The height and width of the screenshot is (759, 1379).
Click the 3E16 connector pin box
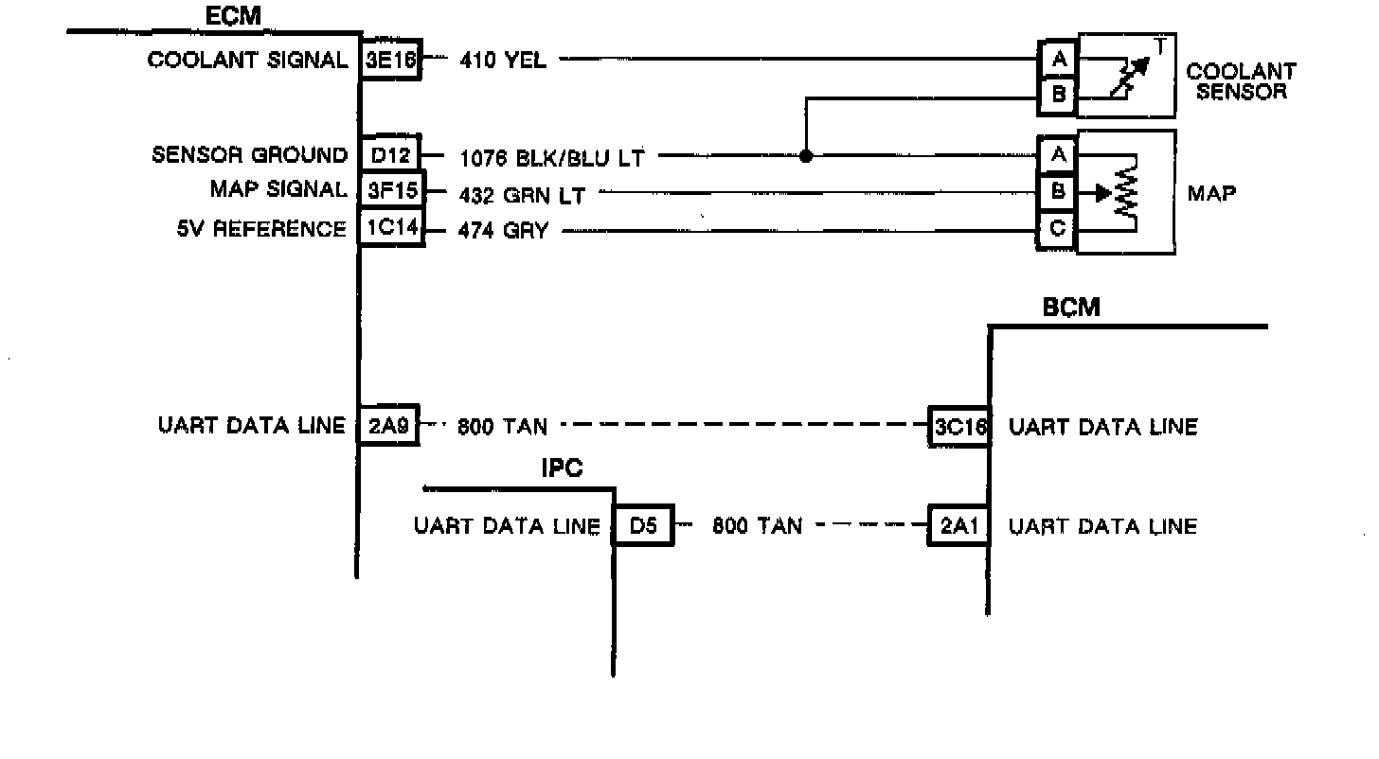pyautogui.click(x=390, y=60)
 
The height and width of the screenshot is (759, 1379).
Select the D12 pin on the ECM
pyautogui.click(x=390, y=155)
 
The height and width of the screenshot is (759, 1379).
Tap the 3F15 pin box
pyautogui.click(x=390, y=190)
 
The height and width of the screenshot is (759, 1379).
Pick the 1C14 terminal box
pyautogui.click(x=390, y=229)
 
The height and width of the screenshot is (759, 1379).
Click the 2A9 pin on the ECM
pyautogui.click(x=387, y=426)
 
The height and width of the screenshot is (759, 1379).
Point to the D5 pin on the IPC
pyautogui.click(x=643, y=526)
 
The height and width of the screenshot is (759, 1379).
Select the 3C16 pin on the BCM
pyautogui.click(x=959, y=427)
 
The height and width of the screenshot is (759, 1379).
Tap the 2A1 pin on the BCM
pyautogui.click(x=959, y=526)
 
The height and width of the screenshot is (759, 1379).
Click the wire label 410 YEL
pyautogui.click(x=502, y=61)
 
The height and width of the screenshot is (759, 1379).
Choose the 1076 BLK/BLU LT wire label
pyautogui.click(x=551, y=157)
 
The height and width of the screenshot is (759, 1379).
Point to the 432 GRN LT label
pyautogui.click(x=521, y=196)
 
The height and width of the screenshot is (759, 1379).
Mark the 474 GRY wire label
pyautogui.click(x=502, y=230)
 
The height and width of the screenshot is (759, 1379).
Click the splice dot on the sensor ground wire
pyautogui.click(x=806, y=156)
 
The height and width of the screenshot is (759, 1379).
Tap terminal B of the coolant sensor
pyautogui.click(x=1058, y=95)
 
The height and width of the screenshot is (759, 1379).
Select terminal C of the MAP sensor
pyautogui.click(x=1058, y=229)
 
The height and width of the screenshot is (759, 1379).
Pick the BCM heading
pyautogui.click(x=1071, y=308)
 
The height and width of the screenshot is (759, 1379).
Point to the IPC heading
pyautogui.click(x=562, y=469)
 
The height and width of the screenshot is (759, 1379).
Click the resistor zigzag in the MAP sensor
pyautogui.click(x=1126, y=195)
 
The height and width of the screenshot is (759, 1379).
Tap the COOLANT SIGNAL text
pyautogui.click(x=248, y=61)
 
